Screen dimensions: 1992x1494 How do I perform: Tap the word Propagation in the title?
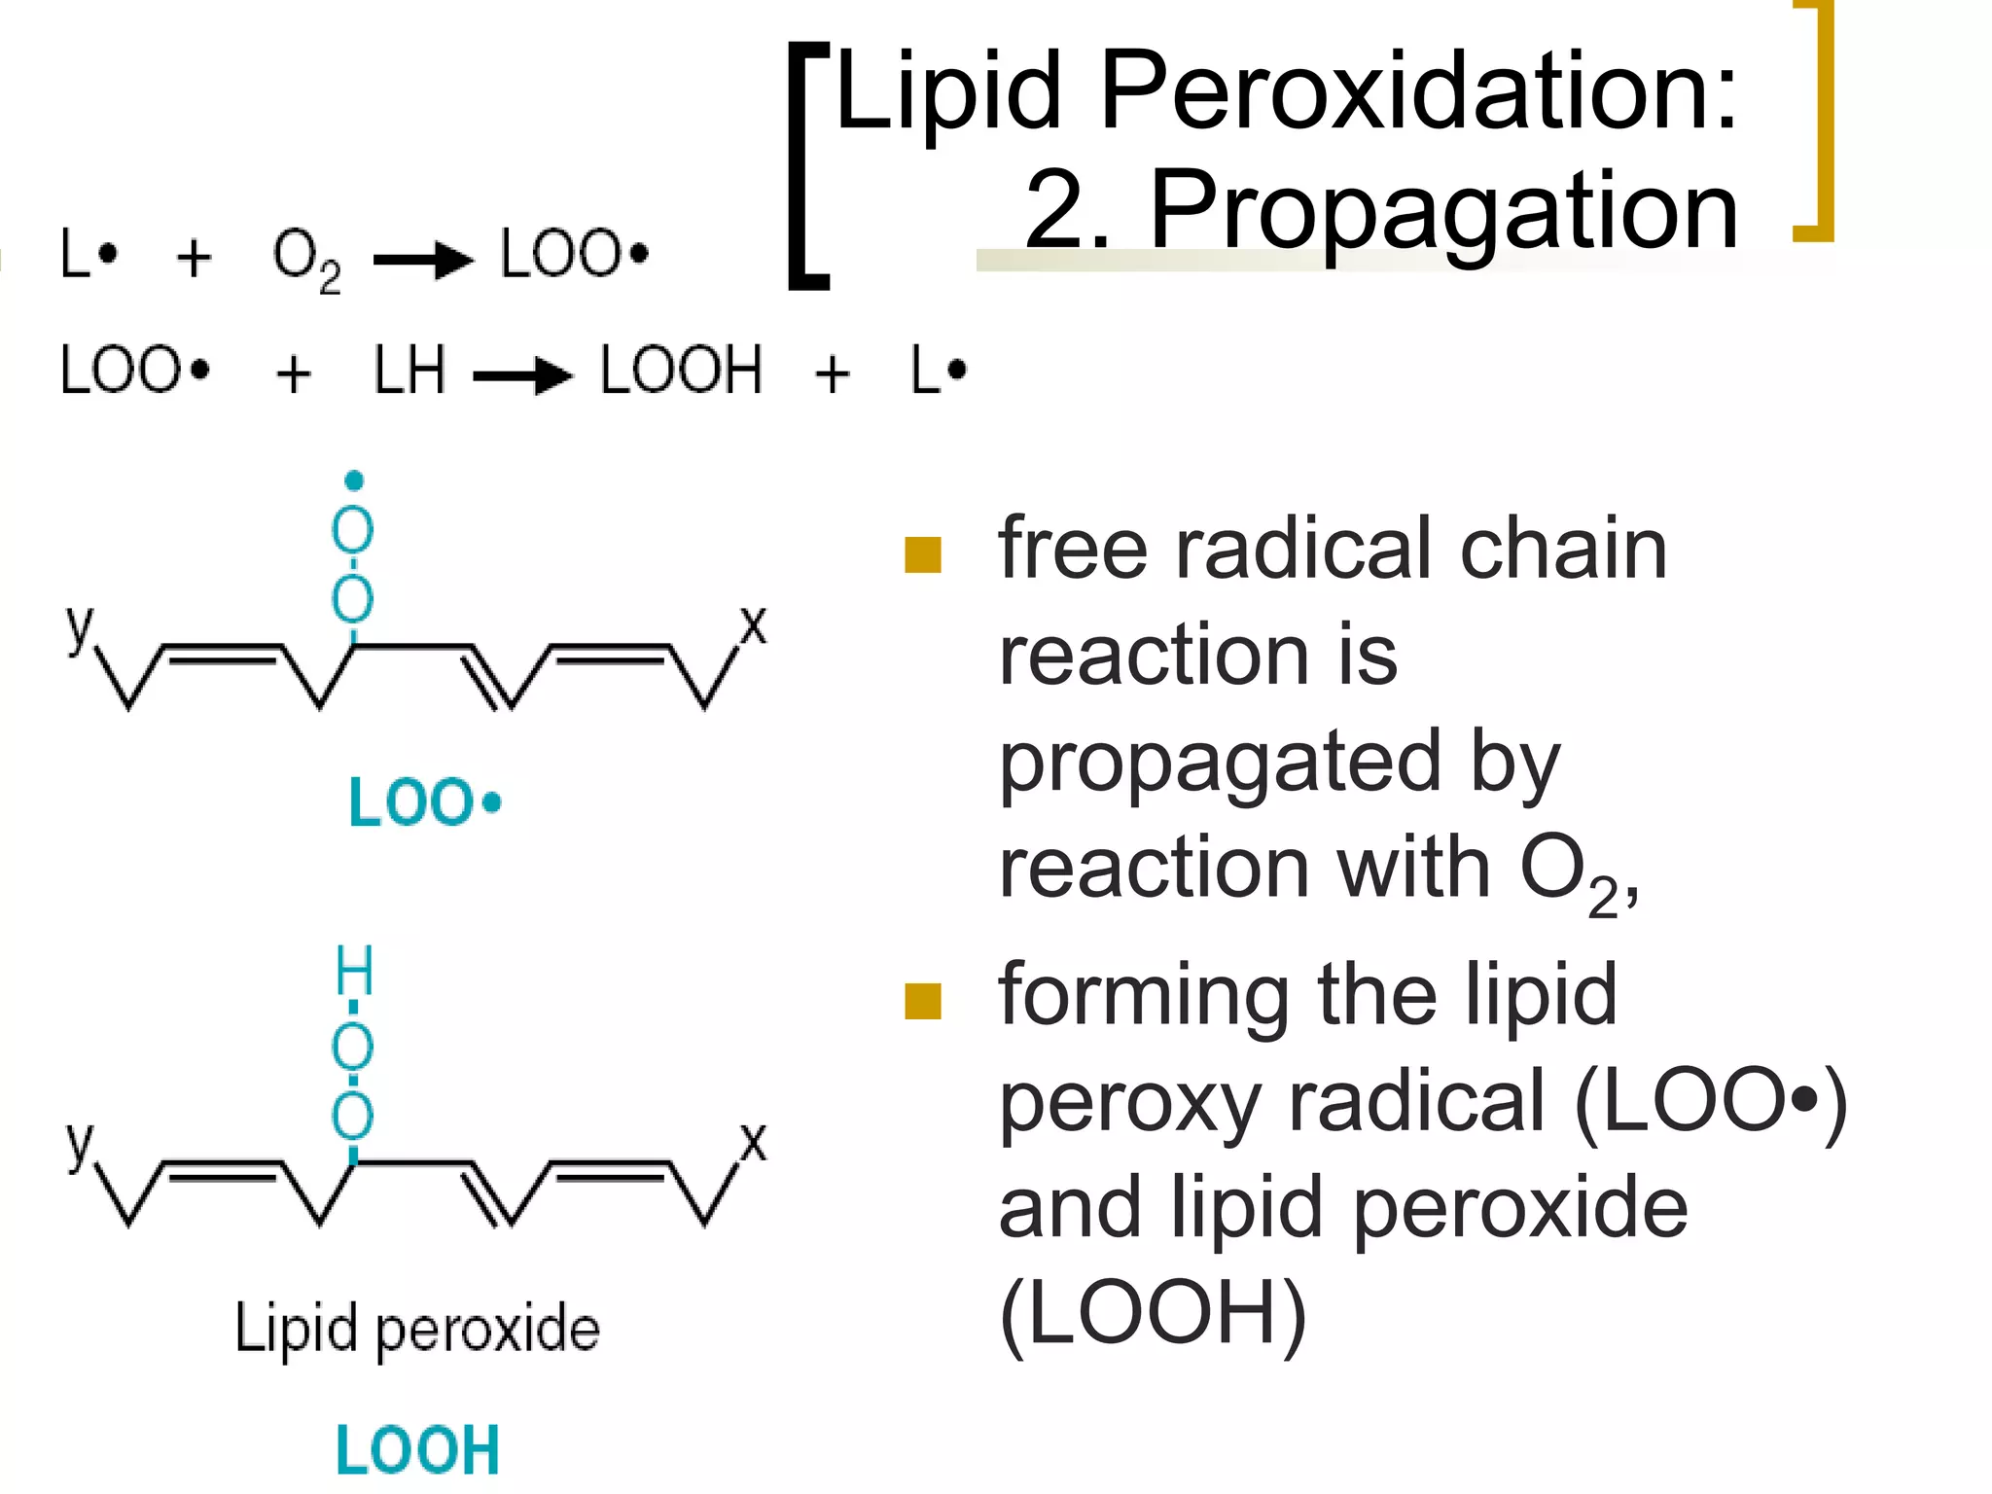[1443, 209]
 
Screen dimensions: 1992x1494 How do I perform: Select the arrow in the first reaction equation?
[423, 260]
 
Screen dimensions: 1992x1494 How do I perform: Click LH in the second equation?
[409, 371]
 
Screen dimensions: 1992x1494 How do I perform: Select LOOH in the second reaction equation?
[681, 371]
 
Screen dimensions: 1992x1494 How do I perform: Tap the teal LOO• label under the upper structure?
[425, 802]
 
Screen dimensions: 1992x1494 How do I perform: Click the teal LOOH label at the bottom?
[417, 1450]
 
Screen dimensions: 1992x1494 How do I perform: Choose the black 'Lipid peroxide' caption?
[417, 1329]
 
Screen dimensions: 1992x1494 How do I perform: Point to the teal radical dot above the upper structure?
[354, 480]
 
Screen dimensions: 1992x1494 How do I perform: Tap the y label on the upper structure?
[80, 625]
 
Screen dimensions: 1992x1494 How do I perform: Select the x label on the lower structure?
[753, 1142]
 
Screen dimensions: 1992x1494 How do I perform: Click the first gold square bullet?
[922, 555]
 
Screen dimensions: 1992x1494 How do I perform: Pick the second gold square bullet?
[922, 1001]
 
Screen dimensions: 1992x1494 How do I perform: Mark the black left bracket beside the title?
[805, 165]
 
